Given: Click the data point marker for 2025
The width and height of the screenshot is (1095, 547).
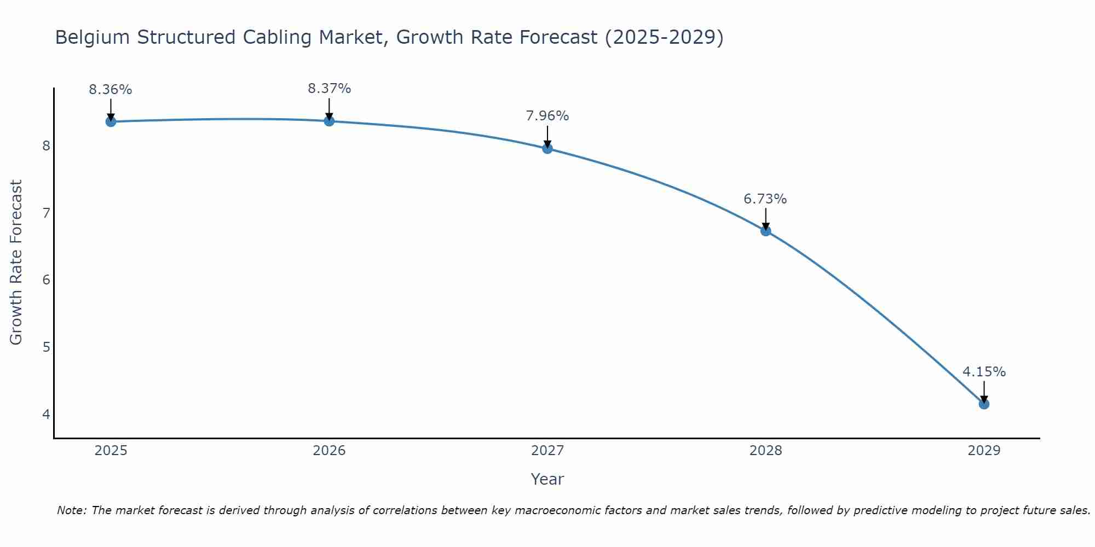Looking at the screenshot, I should click(x=111, y=121).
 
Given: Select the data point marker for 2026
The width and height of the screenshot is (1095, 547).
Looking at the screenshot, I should click(x=329, y=121).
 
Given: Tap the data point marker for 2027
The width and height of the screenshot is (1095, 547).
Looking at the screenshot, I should click(x=547, y=148).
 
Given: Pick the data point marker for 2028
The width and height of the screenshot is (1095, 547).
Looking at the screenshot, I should click(x=765, y=231).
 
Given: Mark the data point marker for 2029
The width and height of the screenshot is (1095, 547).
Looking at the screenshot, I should click(x=984, y=404).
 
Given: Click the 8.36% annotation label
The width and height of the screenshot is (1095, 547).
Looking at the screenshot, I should click(x=111, y=90).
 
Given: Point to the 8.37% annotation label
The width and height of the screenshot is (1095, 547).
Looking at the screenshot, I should click(x=329, y=89).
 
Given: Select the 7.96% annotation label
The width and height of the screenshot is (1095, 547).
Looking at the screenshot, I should click(x=547, y=116).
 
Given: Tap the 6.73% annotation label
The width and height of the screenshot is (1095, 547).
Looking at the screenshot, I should click(x=765, y=199).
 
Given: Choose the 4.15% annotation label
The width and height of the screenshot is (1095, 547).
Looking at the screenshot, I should click(x=984, y=372).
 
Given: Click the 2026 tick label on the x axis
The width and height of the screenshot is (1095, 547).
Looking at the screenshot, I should click(x=329, y=451).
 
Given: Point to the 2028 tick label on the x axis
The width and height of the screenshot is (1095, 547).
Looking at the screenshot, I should click(x=765, y=451).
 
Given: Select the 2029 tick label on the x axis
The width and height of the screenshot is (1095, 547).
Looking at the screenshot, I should click(x=984, y=451).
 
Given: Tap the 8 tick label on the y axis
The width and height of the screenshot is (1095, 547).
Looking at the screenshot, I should click(x=46, y=146).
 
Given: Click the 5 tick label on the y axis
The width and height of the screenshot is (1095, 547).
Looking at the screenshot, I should click(x=46, y=347).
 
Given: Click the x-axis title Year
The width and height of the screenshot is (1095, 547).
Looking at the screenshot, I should click(x=547, y=479).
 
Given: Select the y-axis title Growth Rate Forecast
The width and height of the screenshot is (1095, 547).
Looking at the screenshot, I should click(x=16, y=263).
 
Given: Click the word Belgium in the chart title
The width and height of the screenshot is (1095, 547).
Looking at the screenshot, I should click(x=93, y=37).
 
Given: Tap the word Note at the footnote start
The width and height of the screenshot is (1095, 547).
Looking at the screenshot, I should click(x=71, y=510).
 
